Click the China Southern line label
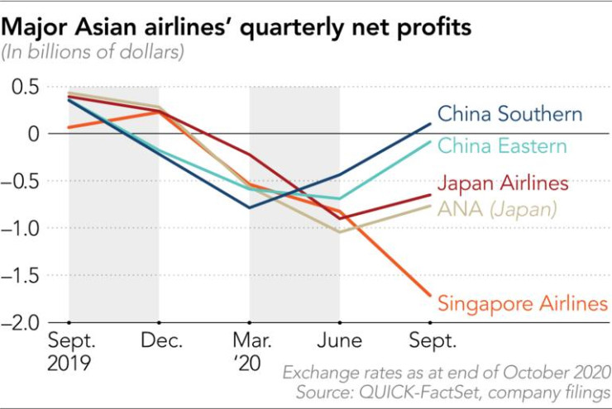pyautogui.click(x=509, y=113)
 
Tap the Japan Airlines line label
pyautogui.click(x=503, y=183)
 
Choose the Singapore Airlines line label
pyautogui.click(x=522, y=303)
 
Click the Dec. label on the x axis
pyautogui.click(x=159, y=340)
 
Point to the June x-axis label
pyautogui.click(x=339, y=340)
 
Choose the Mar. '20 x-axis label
pyautogui.click(x=249, y=351)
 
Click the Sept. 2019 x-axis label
pyautogui.click(x=69, y=351)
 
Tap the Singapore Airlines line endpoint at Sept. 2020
pyautogui.click(x=430, y=295)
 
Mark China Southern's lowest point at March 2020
pyautogui.click(x=249, y=207)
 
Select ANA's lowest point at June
pyautogui.click(x=339, y=231)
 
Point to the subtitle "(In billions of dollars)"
pyautogui.click(x=93, y=53)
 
